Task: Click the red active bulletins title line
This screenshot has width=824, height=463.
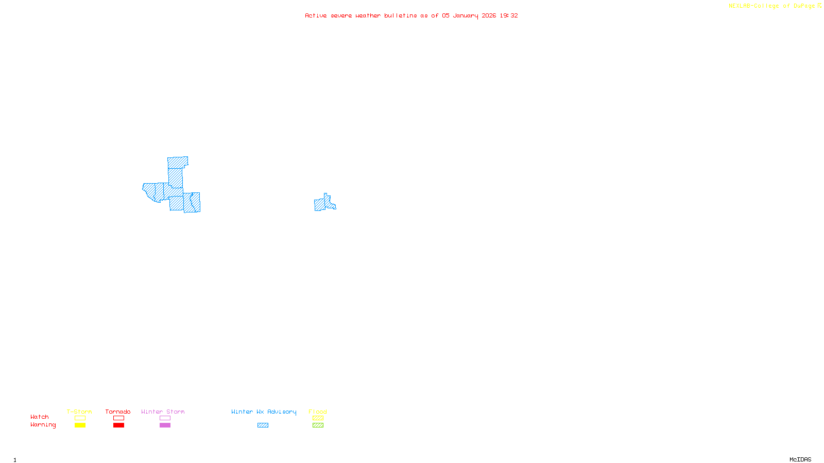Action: (x=411, y=15)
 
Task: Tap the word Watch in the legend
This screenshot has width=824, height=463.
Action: (x=40, y=417)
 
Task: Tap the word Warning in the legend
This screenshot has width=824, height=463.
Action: (x=43, y=425)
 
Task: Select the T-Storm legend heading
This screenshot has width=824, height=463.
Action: (x=79, y=412)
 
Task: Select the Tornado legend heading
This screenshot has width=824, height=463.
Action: (x=118, y=412)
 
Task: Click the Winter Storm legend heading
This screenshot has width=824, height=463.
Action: (x=163, y=412)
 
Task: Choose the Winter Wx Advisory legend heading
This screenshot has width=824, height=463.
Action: (x=264, y=412)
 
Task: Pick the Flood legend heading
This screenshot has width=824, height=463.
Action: (x=318, y=412)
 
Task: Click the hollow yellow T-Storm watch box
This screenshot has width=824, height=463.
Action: (x=80, y=418)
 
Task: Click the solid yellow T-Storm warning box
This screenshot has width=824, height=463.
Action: (x=80, y=425)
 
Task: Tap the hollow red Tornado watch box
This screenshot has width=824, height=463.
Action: (x=118, y=418)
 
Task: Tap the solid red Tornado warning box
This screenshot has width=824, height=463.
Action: (x=118, y=425)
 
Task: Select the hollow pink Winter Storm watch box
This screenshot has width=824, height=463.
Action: (x=165, y=418)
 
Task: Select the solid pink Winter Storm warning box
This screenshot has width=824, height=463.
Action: (x=165, y=425)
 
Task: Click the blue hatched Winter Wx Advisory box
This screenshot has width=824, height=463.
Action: (x=263, y=425)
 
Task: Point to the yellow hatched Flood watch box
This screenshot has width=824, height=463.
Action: (x=318, y=418)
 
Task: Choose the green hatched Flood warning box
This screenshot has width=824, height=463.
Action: (x=318, y=425)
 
